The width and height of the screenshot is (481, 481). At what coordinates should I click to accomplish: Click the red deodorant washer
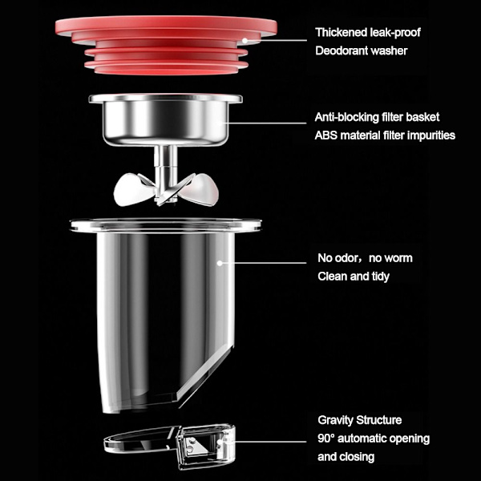point(166,45)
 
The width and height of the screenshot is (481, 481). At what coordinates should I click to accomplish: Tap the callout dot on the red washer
point(245,40)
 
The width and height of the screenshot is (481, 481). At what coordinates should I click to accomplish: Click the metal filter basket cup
point(166,119)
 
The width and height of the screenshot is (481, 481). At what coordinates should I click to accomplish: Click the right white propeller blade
point(200,189)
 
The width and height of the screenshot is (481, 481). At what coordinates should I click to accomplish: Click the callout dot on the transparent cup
point(220,263)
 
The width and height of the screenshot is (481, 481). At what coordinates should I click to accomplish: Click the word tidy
point(380,277)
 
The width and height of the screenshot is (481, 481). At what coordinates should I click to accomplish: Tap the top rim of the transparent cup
point(166,225)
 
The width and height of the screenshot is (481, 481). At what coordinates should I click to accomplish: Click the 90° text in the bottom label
point(325,439)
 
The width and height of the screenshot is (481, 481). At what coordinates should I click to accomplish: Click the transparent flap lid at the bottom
point(169,446)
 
